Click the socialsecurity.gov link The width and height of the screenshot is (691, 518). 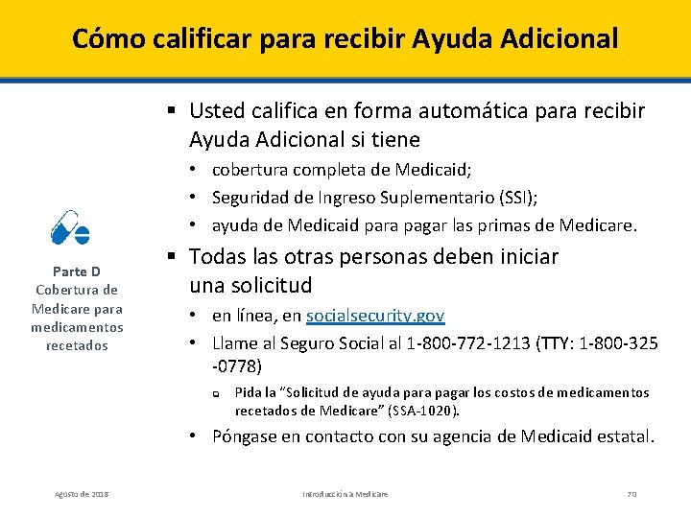point(375,316)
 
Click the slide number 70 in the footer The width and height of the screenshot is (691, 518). point(631,493)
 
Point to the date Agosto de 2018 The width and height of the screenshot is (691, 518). point(82,493)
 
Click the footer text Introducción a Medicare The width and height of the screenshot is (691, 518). point(345,493)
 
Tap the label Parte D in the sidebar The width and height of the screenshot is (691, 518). point(77,271)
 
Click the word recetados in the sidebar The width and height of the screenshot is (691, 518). point(77,345)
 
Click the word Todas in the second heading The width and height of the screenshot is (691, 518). point(218,257)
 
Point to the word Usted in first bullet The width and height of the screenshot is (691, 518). point(217,111)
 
